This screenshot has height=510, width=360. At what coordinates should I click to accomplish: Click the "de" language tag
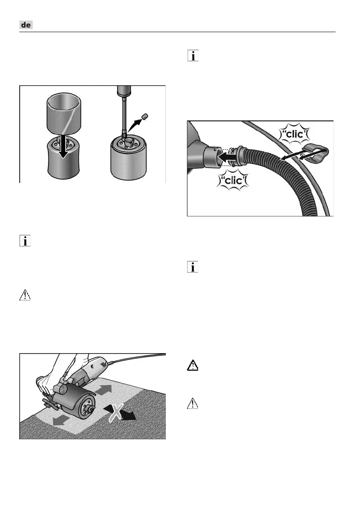coord(27,26)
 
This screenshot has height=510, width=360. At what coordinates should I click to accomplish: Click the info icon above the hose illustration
coord(193,57)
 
